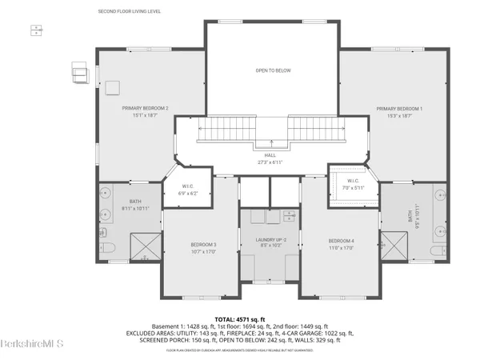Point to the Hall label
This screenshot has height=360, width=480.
270,155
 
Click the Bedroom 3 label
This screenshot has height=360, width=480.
203,245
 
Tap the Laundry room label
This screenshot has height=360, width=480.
270,240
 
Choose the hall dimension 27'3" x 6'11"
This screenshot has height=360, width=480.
270,162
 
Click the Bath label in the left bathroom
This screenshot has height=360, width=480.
134,202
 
